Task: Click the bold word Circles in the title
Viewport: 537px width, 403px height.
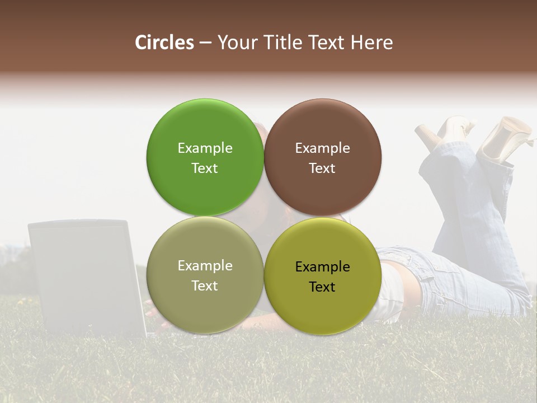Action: point(164,43)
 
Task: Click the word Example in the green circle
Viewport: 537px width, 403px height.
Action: point(205,148)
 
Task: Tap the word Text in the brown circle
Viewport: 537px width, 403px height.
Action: point(322,168)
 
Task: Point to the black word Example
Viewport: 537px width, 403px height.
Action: point(322,267)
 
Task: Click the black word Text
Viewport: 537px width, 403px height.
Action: point(322,287)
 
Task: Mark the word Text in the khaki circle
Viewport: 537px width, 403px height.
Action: point(205,286)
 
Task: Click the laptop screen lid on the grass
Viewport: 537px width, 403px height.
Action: point(84,274)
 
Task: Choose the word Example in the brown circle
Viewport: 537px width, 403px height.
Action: point(322,148)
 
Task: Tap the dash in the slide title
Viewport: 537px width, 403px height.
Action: point(205,43)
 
